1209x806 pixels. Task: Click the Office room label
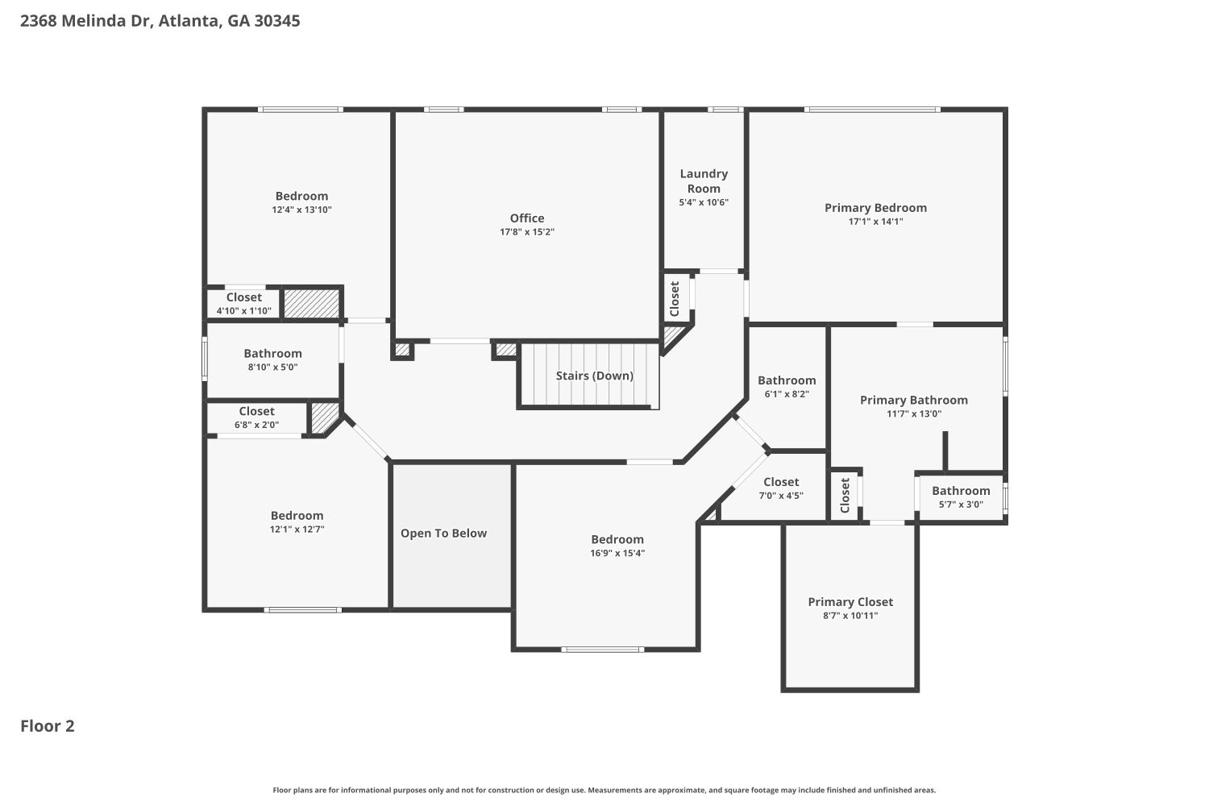click(x=527, y=218)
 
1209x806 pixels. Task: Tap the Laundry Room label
click(x=704, y=181)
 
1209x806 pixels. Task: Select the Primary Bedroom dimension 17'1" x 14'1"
click(x=875, y=222)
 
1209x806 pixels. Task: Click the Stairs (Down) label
click(x=594, y=376)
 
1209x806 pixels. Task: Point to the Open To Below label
click(x=443, y=534)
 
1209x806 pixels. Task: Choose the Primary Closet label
click(x=850, y=602)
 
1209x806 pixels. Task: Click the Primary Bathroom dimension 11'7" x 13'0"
click(x=914, y=414)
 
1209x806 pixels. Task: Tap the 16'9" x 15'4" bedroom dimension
click(x=617, y=554)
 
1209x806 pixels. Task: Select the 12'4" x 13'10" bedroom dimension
click(x=301, y=210)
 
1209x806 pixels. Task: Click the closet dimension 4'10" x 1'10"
click(x=244, y=311)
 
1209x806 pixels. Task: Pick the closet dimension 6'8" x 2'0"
click(x=256, y=425)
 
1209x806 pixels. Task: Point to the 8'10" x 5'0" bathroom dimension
click(x=272, y=368)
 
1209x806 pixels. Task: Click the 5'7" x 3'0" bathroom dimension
click(x=961, y=505)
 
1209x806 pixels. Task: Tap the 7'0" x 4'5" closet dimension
click(x=781, y=496)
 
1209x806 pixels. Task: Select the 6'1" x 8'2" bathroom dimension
click(x=787, y=394)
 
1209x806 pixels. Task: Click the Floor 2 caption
click(x=48, y=726)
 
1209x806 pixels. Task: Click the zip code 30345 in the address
click(x=277, y=21)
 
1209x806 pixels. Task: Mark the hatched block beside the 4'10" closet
click(x=311, y=304)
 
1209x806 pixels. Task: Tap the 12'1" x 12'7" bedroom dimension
click(x=297, y=530)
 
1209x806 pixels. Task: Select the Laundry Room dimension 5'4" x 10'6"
click(x=704, y=203)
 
